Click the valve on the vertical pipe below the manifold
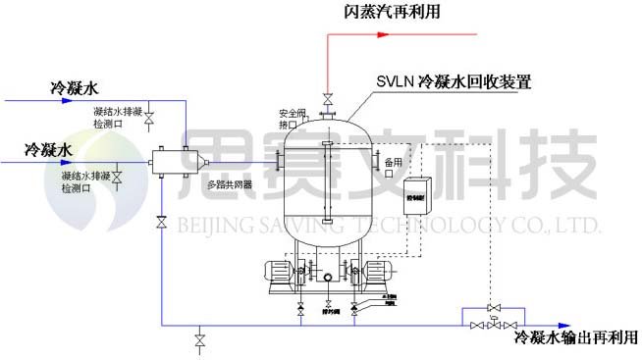click(161, 225)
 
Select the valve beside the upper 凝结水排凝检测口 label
click(150, 119)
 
